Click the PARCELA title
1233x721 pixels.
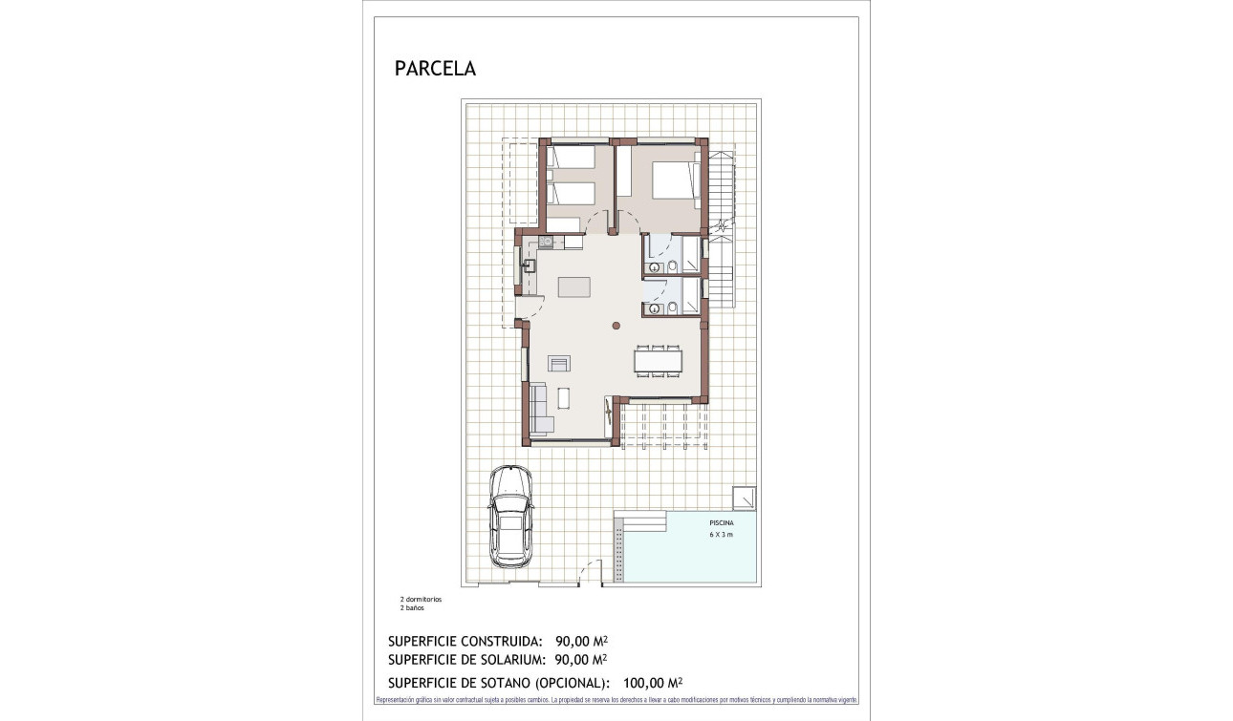tap(435, 69)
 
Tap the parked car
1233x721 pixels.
tap(510, 516)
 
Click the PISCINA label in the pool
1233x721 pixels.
tap(722, 523)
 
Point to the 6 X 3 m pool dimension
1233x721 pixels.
tap(721, 535)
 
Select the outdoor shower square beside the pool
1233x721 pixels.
tap(744, 498)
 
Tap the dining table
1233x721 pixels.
tap(658, 361)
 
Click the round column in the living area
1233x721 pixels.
tap(616, 327)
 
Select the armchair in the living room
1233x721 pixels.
tap(558, 362)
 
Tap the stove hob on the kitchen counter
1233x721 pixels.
tap(546, 243)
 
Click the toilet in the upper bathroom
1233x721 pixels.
tap(672, 266)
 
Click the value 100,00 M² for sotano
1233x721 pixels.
tap(652, 683)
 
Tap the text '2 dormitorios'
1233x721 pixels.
tap(421, 599)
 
